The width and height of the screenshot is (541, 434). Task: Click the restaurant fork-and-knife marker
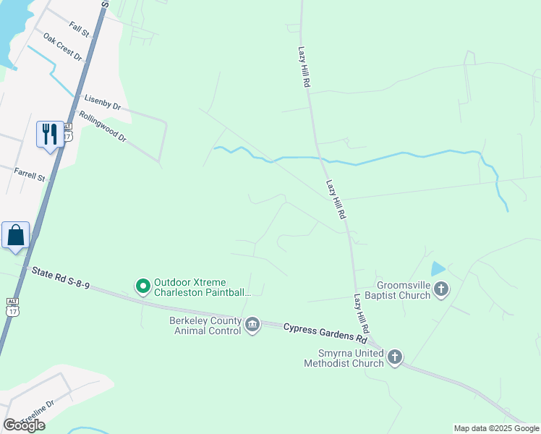[x=50, y=133]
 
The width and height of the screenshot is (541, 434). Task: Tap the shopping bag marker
[x=15, y=235]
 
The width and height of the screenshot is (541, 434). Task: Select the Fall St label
[x=79, y=28]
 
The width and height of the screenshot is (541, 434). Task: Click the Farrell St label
[x=30, y=174]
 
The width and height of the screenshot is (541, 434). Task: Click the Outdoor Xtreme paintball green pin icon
[x=143, y=287]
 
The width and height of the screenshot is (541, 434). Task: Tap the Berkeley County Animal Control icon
[x=252, y=325]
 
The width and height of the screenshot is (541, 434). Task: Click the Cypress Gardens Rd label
[x=325, y=333]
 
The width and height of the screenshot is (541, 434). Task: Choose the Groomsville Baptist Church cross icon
[x=441, y=289]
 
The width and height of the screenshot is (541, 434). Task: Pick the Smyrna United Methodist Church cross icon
[x=395, y=357]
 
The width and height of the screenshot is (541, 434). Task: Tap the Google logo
[x=24, y=425]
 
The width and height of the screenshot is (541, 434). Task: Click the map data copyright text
[x=496, y=428]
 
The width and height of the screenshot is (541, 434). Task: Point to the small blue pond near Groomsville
[x=438, y=269]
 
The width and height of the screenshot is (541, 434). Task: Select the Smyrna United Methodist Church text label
[x=344, y=358]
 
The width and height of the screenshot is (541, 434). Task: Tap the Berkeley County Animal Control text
[x=205, y=325]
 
